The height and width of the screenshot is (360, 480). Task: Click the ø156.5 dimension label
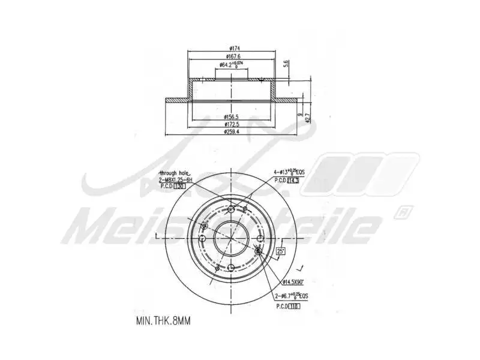[x=232, y=116]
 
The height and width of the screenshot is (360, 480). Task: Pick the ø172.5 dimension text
[x=232, y=124]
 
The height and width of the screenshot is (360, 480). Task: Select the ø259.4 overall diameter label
[x=232, y=131]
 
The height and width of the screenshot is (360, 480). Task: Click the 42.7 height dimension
[x=308, y=118]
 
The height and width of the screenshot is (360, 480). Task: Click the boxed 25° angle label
[x=280, y=252]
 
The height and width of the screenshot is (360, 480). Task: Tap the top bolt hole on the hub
[x=232, y=209]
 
